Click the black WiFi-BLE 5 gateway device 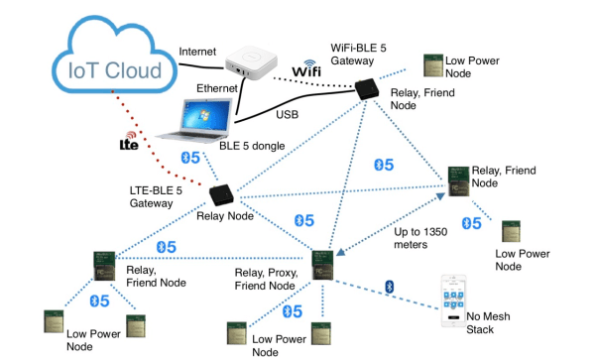368,89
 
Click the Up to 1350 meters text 422,238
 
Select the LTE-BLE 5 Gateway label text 149,195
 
